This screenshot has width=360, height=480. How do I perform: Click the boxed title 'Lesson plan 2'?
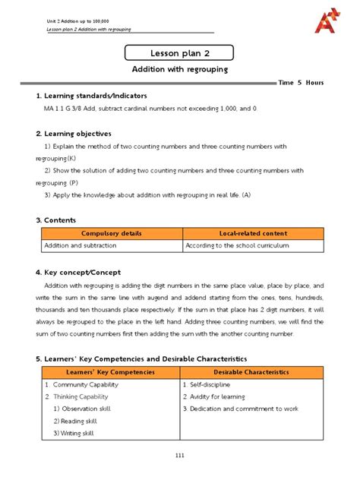click(180, 52)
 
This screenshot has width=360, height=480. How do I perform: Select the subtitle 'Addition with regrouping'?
click(181, 70)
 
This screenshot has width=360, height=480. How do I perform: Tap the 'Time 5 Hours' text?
click(302, 82)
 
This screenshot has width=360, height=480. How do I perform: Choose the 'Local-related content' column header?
click(252, 234)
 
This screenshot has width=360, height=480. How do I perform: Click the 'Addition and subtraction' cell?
click(77, 247)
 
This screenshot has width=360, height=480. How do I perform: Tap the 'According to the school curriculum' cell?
click(236, 247)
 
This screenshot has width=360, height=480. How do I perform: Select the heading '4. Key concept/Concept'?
click(84, 271)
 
